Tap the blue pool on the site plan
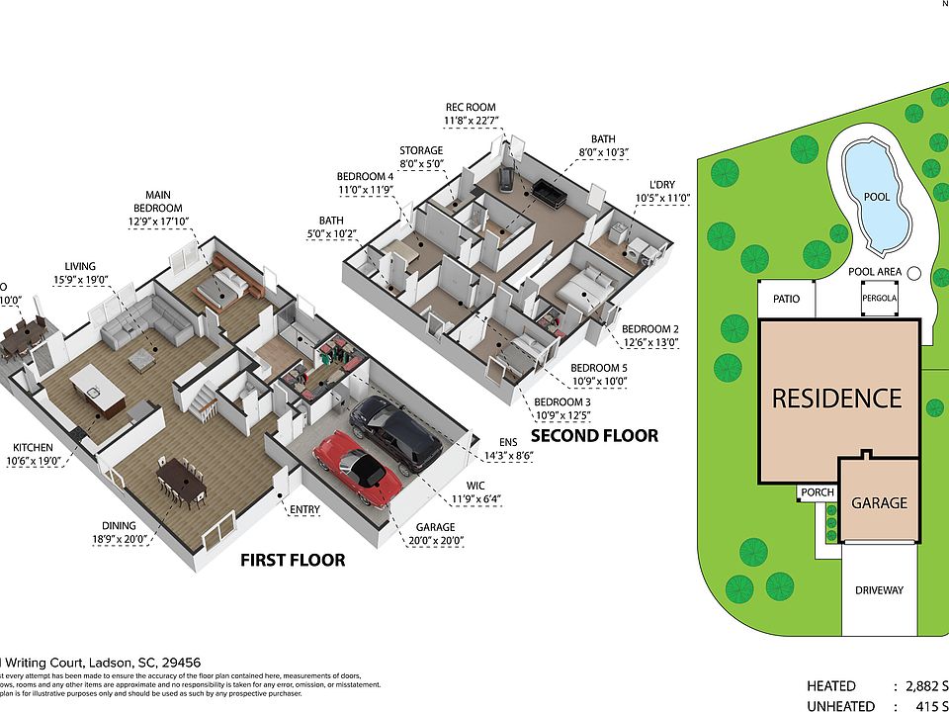877,197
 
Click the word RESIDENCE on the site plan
836,399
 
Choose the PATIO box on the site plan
787,298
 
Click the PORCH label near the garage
817,492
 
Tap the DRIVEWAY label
879,590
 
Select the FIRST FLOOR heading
293,561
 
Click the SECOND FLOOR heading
594,435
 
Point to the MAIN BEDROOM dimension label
164,209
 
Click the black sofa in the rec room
547,192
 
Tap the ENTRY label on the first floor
304,510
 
